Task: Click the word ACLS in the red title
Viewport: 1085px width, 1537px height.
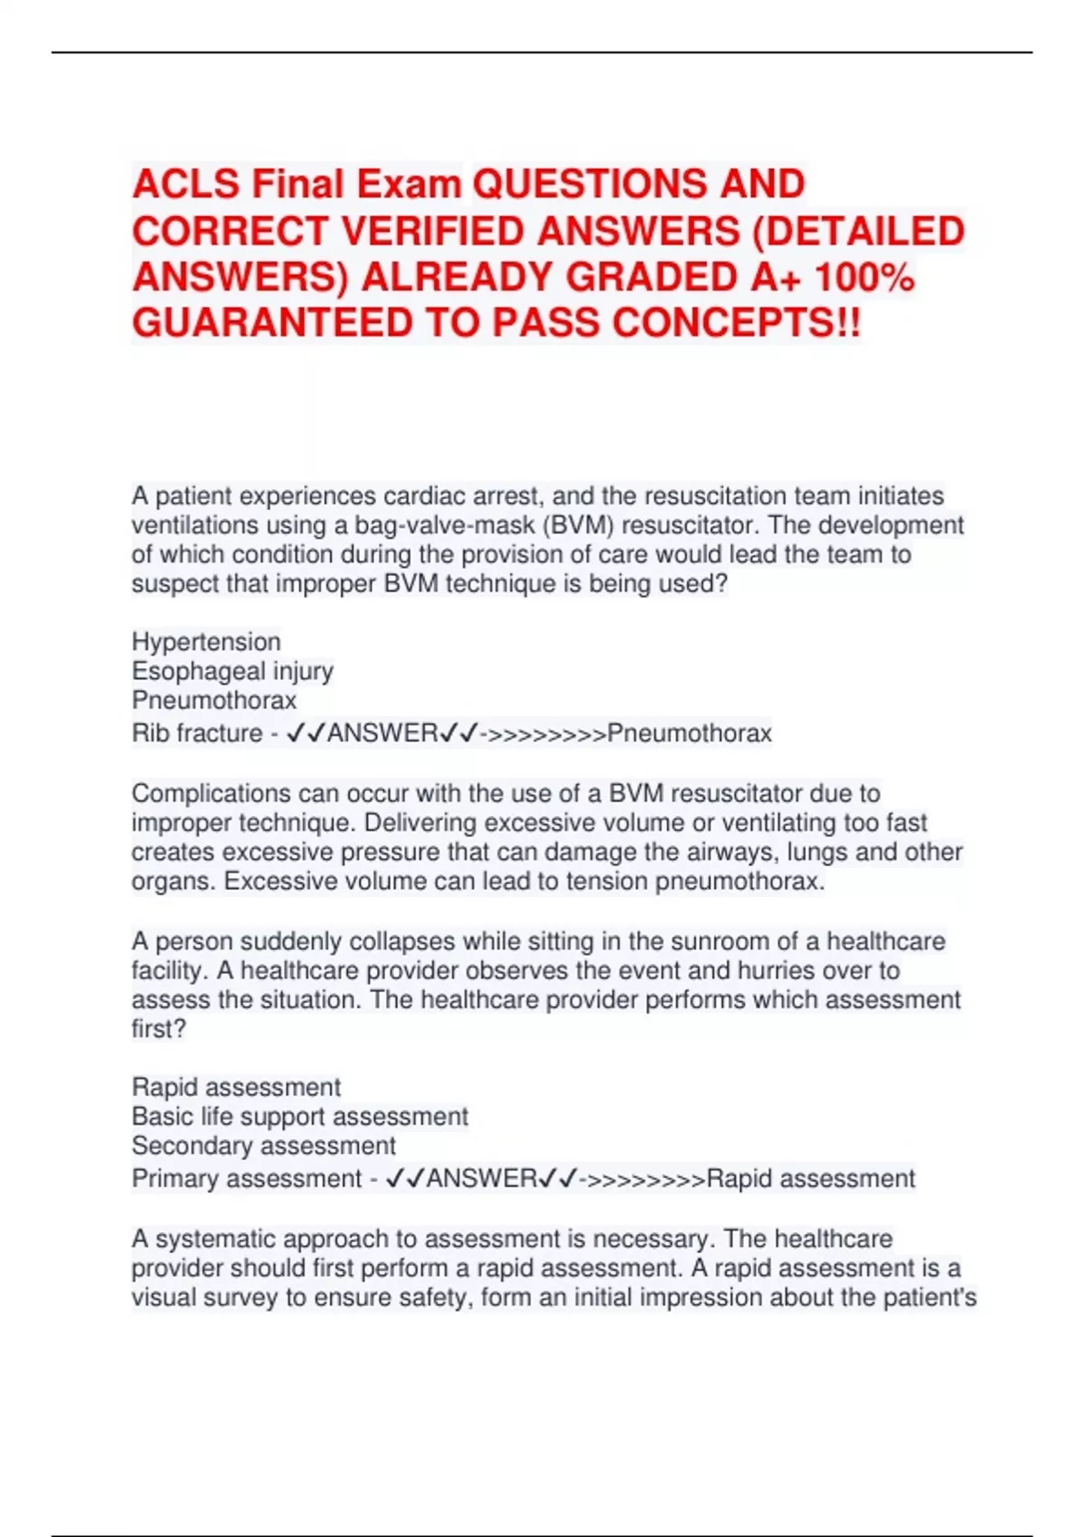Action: tap(185, 184)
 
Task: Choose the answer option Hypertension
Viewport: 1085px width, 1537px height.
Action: tap(206, 642)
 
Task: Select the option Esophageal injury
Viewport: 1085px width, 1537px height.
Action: tap(232, 671)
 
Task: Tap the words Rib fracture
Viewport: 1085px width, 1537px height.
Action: tap(197, 732)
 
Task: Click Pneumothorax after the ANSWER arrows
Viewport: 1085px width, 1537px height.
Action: tap(689, 732)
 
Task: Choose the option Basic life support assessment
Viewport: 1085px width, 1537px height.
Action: tap(299, 1117)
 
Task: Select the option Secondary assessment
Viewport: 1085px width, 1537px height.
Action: tap(263, 1146)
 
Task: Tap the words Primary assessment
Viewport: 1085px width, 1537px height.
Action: tap(246, 1179)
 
